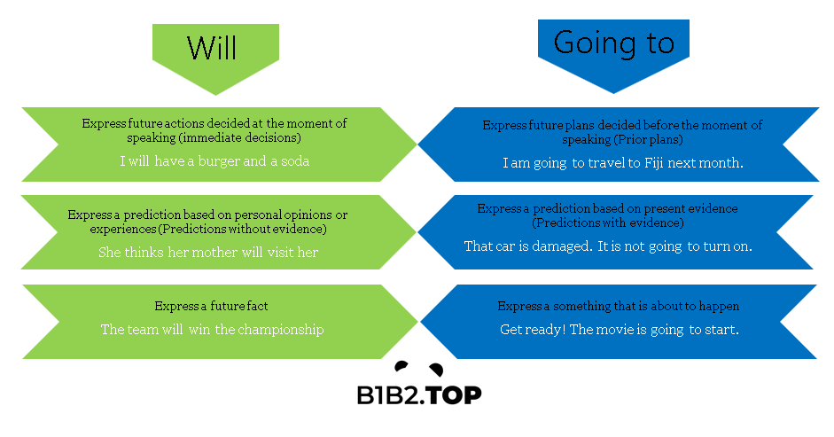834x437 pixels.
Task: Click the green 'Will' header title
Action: [212, 48]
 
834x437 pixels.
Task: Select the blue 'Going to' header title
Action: [614, 43]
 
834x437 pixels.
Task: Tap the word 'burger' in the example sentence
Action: [219, 161]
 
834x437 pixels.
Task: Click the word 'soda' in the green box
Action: [295, 161]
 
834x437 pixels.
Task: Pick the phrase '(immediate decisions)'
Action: [242, 138]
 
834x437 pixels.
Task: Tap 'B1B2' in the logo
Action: [390, 395]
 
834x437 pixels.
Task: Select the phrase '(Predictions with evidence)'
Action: [608, 223]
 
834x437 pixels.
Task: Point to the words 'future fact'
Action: [238, 306]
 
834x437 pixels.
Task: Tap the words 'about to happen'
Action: [691, 307]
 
